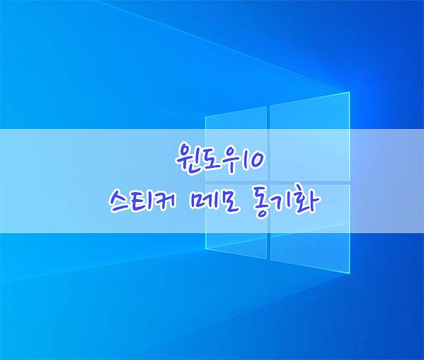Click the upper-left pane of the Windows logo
pos(236,143)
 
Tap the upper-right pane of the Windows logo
pos(310,137)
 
